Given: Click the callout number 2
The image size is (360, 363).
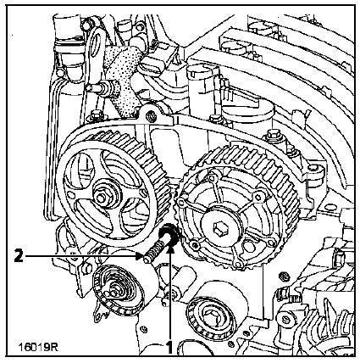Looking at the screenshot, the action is click(19, 256).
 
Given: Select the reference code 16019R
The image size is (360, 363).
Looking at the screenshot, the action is click(38, 347).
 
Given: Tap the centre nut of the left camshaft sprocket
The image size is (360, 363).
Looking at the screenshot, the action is click(101, 198).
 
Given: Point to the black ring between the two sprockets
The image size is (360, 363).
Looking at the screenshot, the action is click(169, 236).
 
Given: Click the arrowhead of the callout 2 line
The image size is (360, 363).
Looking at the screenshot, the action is click(139, 256).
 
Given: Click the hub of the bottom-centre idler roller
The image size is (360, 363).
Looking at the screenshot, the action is click(209, 315).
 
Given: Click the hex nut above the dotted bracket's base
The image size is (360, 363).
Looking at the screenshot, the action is click(151, 115).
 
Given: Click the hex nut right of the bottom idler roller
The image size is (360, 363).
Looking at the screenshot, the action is click(285, 276).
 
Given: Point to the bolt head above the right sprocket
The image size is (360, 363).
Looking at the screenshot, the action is click(273, 133).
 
